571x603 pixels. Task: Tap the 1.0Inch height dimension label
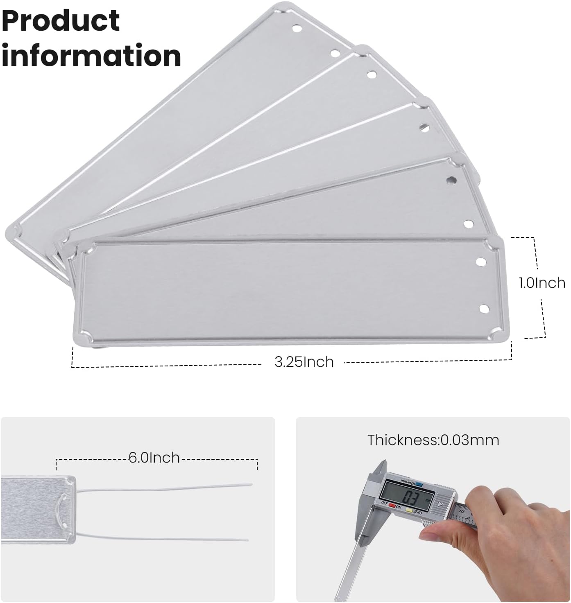click(x=542, y=283)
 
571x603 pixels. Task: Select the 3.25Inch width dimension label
click(x=304, y=362)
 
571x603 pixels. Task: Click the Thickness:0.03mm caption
click(x=433, y=440)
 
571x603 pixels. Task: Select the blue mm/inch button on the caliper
click(x=419, y=484)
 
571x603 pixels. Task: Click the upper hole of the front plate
click(x=481, y=261)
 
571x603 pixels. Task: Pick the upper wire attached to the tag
click(x=164, y=488)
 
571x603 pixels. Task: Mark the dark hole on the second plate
click(x=451, y=179)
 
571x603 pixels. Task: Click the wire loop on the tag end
click(x=63, y=510)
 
